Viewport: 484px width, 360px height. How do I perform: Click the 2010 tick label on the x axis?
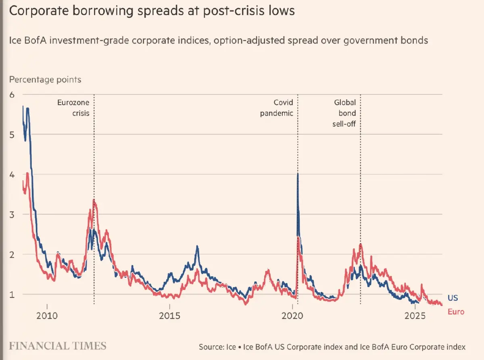click(47, 315)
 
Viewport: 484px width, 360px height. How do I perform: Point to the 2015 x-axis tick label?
click(170, 315)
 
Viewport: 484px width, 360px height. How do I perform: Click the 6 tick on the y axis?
click(12, 95)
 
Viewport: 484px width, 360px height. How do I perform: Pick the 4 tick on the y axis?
click(12, 175)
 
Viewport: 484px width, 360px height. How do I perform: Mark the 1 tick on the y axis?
click(12, 294)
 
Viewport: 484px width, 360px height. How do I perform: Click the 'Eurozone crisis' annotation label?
click(73, 108)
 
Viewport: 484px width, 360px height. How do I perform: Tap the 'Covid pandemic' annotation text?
click(277, 108)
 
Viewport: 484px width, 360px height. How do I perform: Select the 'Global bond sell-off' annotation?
click(344, 113)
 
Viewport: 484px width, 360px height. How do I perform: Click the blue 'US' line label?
click(453, 298)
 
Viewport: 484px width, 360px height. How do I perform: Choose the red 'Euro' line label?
click(456, 312)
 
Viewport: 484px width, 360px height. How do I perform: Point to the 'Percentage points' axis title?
click(45, 79)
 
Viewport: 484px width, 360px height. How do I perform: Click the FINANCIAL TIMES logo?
click(58, 346)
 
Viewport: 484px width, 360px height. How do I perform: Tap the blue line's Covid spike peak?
click(298, 174)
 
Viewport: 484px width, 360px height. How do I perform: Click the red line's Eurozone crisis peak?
click(94, 199)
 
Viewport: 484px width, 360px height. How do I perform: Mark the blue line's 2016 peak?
click(197, 246)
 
